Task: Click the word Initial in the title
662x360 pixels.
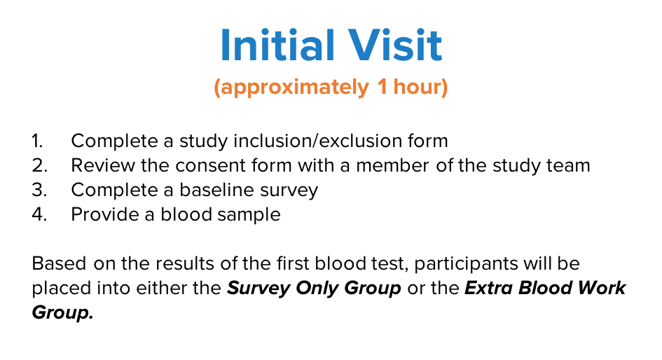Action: click(x=277, y=45)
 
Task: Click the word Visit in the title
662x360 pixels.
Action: click(x=395, y=45)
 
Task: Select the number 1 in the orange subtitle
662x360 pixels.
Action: click(x=382, y=86)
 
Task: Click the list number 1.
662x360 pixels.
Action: click(x=37, y=141)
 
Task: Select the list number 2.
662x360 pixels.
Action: click(x=39, y=165)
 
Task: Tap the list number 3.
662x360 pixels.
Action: click(x=39, y=190)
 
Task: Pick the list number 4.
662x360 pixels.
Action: click(x=39, y=214)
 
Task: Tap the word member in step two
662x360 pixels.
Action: click(x=392, y=165)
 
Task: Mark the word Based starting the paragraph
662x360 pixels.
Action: click(x=59, y=263)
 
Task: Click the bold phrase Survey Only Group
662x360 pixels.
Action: click(x=314, y=289)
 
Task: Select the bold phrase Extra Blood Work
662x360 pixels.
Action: click(x=545, y=288)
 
